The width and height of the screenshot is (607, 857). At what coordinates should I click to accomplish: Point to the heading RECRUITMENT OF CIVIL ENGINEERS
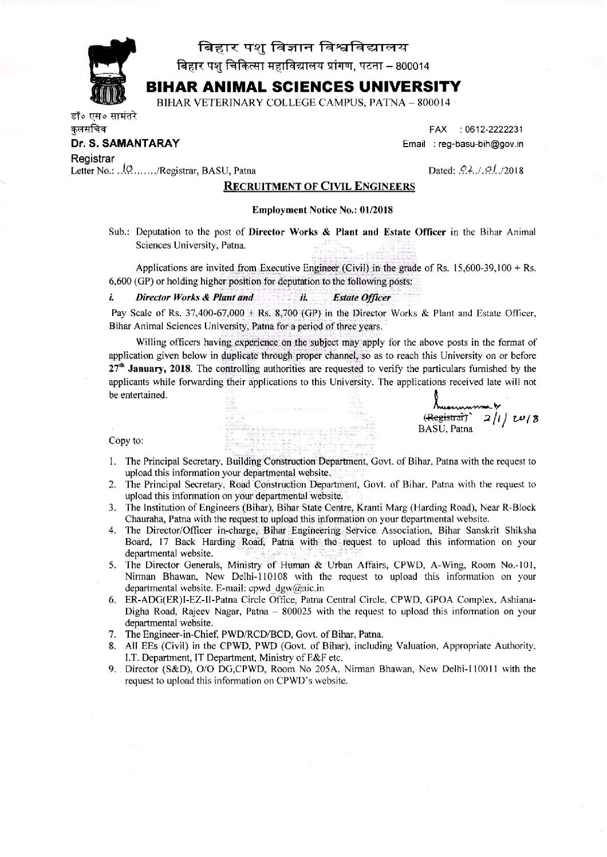click(304, 186)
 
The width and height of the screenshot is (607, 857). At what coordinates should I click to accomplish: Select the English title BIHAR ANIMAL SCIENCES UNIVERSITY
click(302, 87)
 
